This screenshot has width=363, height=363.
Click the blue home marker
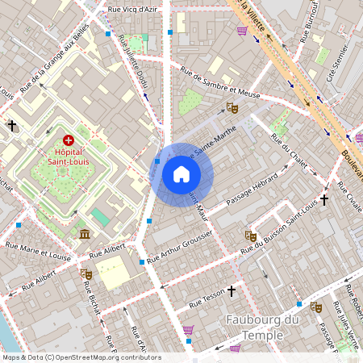(181, 174)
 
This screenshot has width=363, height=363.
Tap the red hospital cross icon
(68, 140)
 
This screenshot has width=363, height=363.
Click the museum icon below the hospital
(85, 234)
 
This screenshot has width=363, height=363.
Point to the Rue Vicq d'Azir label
(133, 10)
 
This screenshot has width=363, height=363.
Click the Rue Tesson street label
(207, 300)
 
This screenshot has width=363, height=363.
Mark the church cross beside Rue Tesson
(232, 290)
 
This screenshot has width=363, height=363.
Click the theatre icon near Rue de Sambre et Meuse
(232, 107)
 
